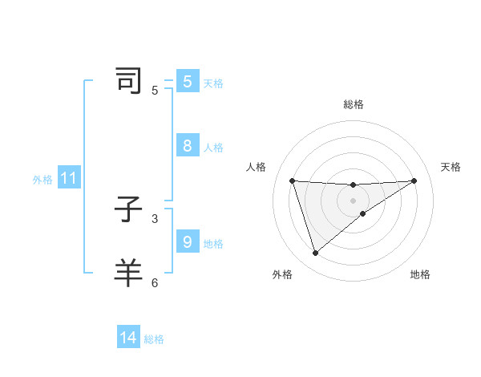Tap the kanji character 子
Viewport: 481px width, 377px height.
(x=128, y=210)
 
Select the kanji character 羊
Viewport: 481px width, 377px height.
(x=128, y=273)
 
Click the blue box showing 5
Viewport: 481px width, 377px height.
(x=188, y=81)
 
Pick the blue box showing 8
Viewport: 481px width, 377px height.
(x=188, y=145)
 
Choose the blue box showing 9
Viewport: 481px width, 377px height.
(x=188, y=241)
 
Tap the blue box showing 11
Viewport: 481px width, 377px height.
(x=68, y=178)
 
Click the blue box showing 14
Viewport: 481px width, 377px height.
(x=128, y=338)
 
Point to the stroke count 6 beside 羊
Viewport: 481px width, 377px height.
(x=155, y=282)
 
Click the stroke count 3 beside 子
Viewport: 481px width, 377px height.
(x=155, y=218)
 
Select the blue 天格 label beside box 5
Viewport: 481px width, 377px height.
(x=213, y=83)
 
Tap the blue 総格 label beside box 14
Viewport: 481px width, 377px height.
(x=154, y=339)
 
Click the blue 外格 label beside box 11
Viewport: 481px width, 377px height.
(x=42, y=180)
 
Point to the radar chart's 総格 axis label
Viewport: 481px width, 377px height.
(x=354, y=104)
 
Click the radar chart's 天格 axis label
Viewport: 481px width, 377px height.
(x=451, y=167)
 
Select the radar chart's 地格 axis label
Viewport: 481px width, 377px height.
(x=420, y=274)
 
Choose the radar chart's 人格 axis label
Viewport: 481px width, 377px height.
(x=257, y=167)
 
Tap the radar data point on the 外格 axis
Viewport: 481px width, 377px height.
(x=315, y=253)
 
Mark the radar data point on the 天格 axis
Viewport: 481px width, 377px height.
(x=414, y=180)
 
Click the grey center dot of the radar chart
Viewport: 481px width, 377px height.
(x=354, y=200)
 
